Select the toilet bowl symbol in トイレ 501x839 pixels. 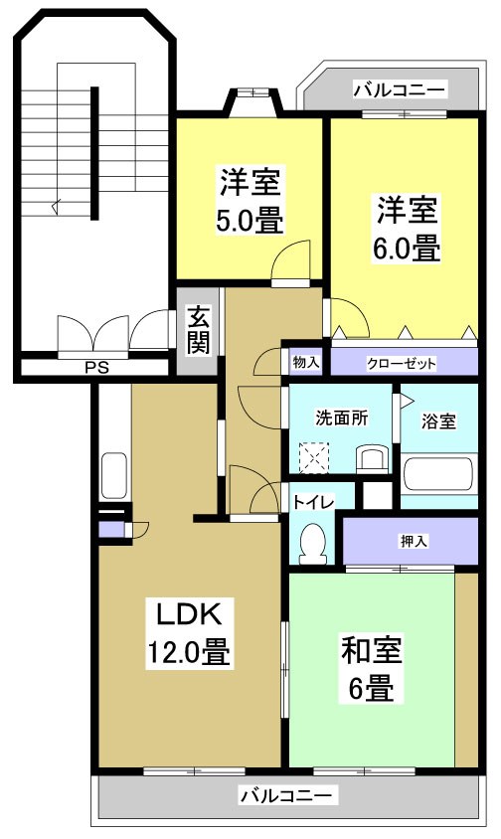coord(313,543)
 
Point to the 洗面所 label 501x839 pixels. coord(341,419)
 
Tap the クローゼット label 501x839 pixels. coord(401,363)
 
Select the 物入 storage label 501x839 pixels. coord(305,363)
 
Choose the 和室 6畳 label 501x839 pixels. coord(371,668)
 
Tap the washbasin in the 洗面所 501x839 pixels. coord(372,458)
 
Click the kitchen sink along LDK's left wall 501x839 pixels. coord(113,476)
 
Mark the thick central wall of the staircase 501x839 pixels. coord(95,154)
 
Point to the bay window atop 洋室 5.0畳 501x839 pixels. coord(252,99)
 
